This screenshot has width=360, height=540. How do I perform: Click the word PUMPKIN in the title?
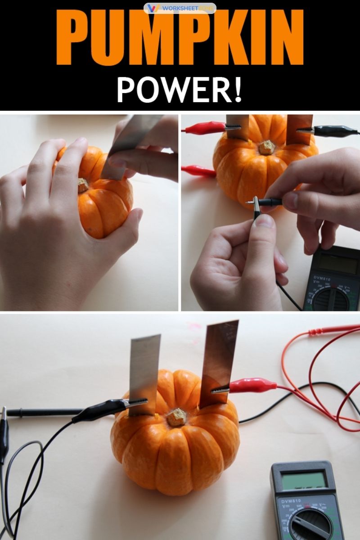pos(180,38)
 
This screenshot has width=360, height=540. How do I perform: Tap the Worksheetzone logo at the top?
pos(180,8)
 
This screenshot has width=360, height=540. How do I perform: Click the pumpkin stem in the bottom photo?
pos(177,417)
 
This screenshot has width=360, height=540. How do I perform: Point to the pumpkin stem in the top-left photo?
pos(83,185)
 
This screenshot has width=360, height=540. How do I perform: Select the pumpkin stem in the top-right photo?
pos(266,147)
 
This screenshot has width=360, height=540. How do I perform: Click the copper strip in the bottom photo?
pos(218,360)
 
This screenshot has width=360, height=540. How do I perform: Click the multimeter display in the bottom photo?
pos(304,480)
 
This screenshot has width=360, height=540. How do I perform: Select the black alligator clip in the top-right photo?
pos(333,131)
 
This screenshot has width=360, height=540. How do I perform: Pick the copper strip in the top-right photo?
pos(299,128)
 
